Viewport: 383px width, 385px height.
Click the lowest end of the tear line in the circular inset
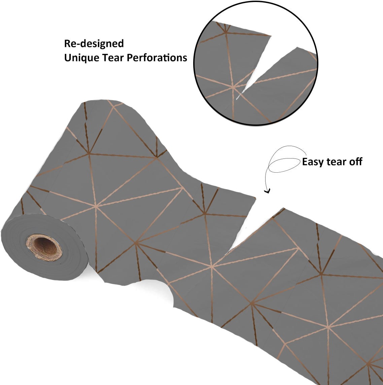(x=237, y=99)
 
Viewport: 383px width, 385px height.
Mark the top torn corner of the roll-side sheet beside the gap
(x=255, y=198)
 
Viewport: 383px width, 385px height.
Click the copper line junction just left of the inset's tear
(x=233, y=86)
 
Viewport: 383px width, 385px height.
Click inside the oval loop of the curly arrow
(x=284, y=165)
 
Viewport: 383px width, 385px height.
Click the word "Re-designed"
(x=94, y=44)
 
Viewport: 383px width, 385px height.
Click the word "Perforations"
(x=157, y=58)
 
